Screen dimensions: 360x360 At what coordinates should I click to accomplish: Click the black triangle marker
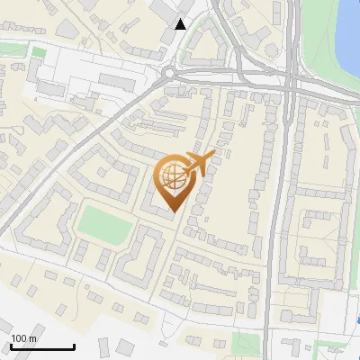[181, 24]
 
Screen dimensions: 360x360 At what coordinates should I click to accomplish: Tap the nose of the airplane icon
[213, 155]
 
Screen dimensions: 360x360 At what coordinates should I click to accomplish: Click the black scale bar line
[42, 346]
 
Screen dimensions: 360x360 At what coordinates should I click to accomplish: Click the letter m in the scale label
[32, 339]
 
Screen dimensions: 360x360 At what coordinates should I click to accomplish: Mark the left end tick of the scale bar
[11, 346]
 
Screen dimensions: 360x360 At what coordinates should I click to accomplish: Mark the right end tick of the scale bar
[74, 346]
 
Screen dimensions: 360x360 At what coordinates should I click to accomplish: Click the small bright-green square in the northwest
[38, 52]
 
